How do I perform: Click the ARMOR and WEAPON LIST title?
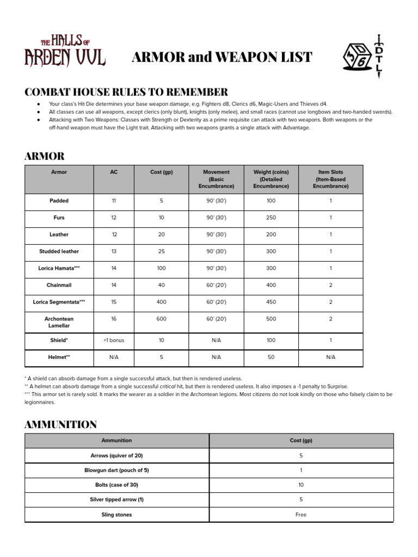pyautogui.click(x=222, y=57)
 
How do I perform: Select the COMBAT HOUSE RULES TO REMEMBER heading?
pyautogui.click(x=126, y=91)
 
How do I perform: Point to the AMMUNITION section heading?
pyautogui.click(x=60, y=424)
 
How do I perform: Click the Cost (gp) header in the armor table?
pyautogui.click(x=161, y=172)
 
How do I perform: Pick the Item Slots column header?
pyautogui.click(x=330, y=179)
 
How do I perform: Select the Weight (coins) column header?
pyautogui.click(x=271, y=179)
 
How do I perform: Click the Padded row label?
pyautogui.click(x=59, y=201)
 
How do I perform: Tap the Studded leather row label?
pyautogui.click(x=59, y=251)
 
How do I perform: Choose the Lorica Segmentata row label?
pyautogui.click(x=59, y=302)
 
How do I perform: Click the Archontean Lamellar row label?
pyautogui.click(x=59, y=322)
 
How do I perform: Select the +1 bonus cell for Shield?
pyautogui.click(x=114, y=340)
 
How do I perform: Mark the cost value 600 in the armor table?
pyautogui.click(x=161, y=319)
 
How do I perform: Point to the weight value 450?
pyautogui.click(x=271, y=302)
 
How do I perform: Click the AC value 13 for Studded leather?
pyautogui.click(x=114, y=251)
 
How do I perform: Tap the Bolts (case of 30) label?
pyautogui.click(x=116, y=485)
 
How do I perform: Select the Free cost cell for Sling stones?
pyautogui.click(x=301, y=515)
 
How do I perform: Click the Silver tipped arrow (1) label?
pyautogui.click(x=116, y=499)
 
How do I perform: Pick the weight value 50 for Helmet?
pyautogui.click(x=271, y=357)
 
